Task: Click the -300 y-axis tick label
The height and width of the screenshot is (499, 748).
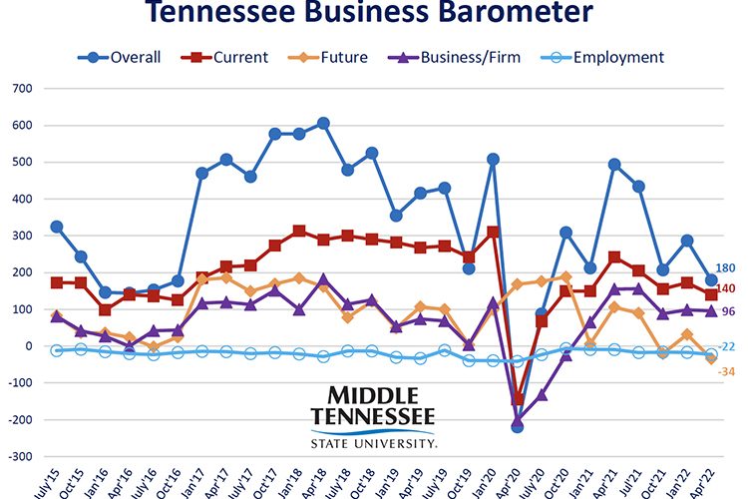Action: click(18, 456)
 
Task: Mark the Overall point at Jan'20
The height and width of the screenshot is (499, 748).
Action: click(492, 159)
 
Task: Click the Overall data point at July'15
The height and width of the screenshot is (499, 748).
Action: click(57, 228)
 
